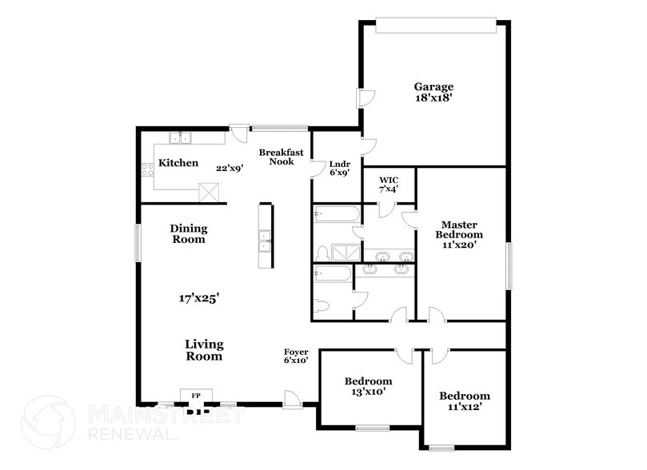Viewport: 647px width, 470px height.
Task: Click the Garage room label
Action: click(433, 87)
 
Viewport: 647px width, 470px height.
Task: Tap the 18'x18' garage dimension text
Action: click(433, 99)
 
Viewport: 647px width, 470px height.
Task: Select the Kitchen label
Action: click(178, 163)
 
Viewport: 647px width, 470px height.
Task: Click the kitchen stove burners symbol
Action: click(147, 169)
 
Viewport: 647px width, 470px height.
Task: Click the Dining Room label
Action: click(188, 233)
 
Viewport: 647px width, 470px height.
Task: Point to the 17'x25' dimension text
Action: click(199, 298)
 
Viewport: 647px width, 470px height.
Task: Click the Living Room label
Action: click(204, 350)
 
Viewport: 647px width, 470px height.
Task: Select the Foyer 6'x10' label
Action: click(296, 356)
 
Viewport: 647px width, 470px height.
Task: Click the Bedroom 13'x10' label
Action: click(368, 386)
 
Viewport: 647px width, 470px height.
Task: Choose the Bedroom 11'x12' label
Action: click(464, 401)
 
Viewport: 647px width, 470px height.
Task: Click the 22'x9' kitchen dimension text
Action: click(230, 168)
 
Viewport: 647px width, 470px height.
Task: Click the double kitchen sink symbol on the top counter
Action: click(182, 138)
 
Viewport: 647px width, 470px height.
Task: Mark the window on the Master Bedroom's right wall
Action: click(508, 266)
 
